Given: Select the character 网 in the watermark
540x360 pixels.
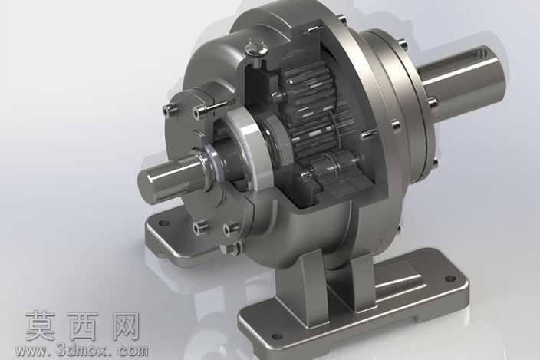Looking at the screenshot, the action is tap(125, 326).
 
